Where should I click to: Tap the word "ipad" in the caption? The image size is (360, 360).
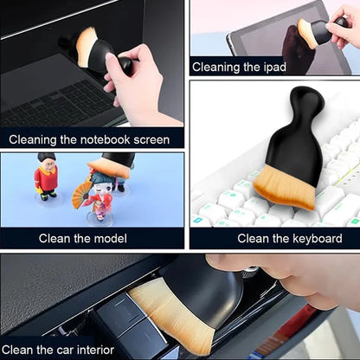pyautogui.click(x=274, y=67)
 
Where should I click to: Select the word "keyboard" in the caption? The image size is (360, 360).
pyautogui.click(x=318, y=239)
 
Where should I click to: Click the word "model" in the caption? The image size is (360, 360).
pyautogui.click(x=111, y=239)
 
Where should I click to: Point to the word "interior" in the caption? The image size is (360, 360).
pyautogui.click(x=95, y=350)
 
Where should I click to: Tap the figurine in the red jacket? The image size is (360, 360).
pyautogui.click(x=47, y=176)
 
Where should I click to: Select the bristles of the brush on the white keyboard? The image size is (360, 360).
pyautogui.click(x=284, y=187)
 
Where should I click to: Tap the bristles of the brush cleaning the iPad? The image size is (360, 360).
pyautogui.click(x=306, y=33)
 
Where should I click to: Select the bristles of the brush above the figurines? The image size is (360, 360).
pyautogui.click(x=109, y=169)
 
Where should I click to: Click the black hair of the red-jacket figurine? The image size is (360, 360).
pyautogui.click(x=47, y=157)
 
